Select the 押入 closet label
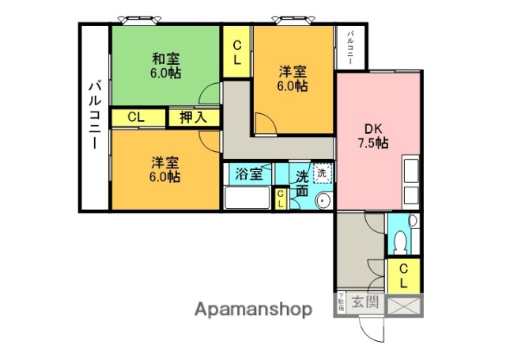[x=193, y=118]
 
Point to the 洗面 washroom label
[x=303, y=184]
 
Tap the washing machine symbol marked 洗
[x=323, y=172]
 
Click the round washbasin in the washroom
[x=323, y=201]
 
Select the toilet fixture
[x=399, y=237]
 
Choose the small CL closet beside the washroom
[x=281, y=199]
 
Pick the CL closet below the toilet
[x=403, y=275]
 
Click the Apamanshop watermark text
[x=253, y=309]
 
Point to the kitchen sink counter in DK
[x=412, y=184]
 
